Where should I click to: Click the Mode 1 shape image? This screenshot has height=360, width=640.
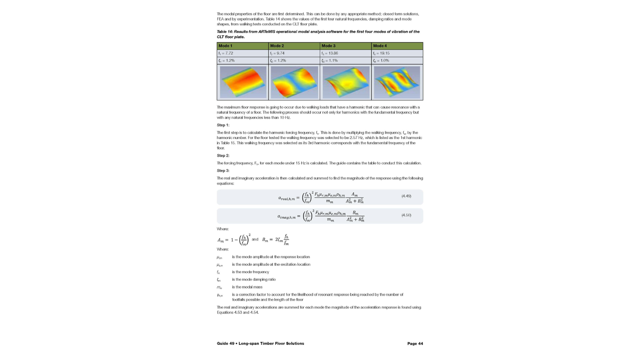pyautogui.click(x=243, y=82)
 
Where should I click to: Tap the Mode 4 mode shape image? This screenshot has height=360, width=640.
pyautogui.click(x=397, y=82)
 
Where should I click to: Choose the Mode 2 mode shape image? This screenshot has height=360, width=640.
pyautogui.click(x=294, y=82)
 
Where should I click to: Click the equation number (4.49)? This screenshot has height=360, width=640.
pyautogui.click(x=406, y=196)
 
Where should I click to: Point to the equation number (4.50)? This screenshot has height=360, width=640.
pyautogui.click(x=406, y=215)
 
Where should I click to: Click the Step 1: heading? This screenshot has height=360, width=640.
pyautogui.click(x=223, y=125)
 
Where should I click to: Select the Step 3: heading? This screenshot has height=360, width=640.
pyautogui.click(x=223, y=171)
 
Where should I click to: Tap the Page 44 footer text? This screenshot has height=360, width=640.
pyautogui.click(x=415, y=343)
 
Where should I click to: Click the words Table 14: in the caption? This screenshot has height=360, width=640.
pyautogui.click(x=225, y=32)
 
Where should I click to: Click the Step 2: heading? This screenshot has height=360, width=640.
pyautogui.click(x=223, y=156)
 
